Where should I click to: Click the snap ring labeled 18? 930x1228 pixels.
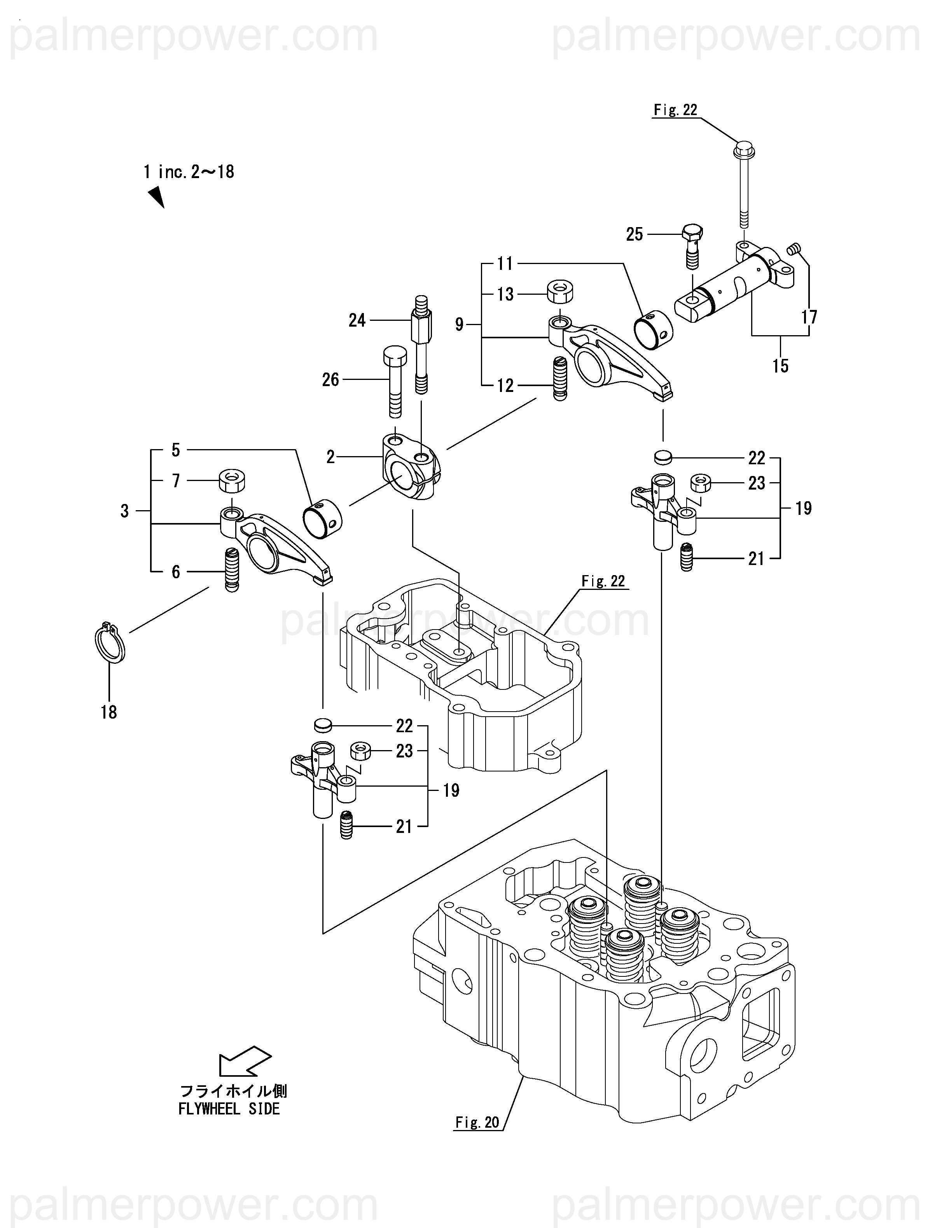[109, 644]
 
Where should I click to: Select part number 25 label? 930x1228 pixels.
[634, 234]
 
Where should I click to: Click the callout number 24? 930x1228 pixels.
[357, 320]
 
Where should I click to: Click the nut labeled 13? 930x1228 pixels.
[560, 292]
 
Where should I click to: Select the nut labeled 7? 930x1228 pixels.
[232, 480]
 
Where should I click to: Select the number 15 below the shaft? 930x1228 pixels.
[780, 366]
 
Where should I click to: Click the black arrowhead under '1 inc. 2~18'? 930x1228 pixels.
[156, 196]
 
